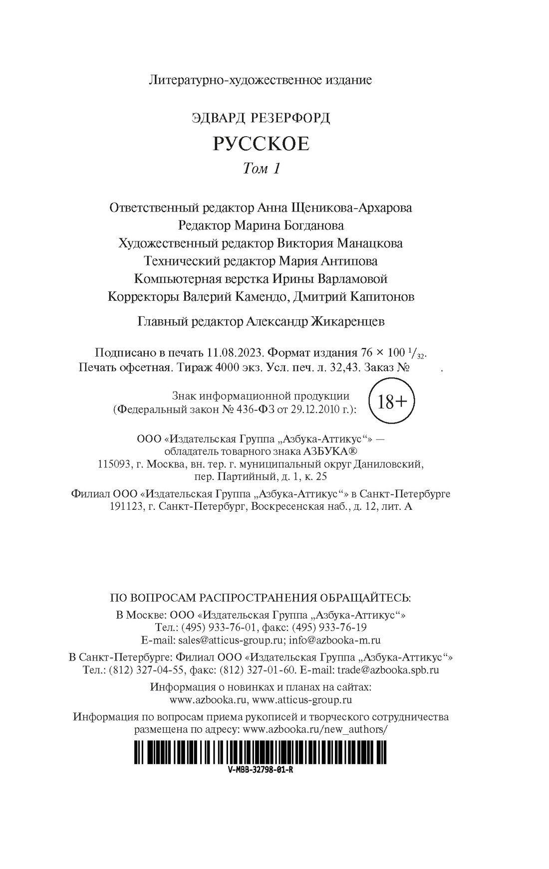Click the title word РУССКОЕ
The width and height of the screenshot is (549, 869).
tap(261, 144)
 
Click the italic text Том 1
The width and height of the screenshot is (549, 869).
tap(261, 169)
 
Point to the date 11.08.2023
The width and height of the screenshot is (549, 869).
tap(235, 352)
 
